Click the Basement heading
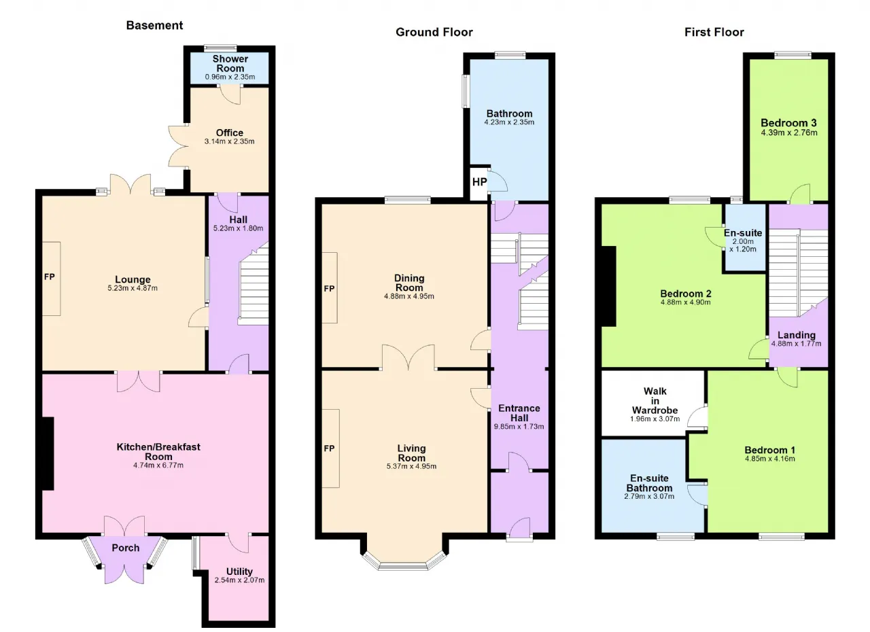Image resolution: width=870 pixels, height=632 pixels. point(154,25)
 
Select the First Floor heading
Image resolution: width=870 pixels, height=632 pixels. point(714,32)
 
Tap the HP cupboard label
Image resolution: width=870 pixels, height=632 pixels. point(479,181)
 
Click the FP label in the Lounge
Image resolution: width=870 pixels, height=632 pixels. point(50,277)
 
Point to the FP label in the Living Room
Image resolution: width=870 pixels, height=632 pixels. point(329,449)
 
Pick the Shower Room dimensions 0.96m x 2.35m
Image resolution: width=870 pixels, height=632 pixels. point(230,77)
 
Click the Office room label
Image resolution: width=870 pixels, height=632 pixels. point(230,133)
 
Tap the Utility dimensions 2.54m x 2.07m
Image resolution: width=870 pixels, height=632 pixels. point(239,580)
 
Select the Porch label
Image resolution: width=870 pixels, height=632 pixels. point(126,548)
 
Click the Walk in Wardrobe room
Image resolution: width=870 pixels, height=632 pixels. point(652,404)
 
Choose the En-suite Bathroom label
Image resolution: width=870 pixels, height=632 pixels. point(649,483)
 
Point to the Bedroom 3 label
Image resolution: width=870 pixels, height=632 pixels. point(788,123)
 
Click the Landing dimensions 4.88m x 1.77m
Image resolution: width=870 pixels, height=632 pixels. point(796,344)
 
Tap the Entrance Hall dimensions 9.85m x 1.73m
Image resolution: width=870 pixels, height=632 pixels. point(519,426)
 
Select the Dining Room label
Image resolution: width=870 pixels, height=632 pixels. point(409,283)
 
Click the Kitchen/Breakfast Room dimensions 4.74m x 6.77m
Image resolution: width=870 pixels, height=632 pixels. point(158,465)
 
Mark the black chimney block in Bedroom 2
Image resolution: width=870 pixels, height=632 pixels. point(608,286)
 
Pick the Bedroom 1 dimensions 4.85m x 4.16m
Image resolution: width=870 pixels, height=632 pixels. point(770,459)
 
